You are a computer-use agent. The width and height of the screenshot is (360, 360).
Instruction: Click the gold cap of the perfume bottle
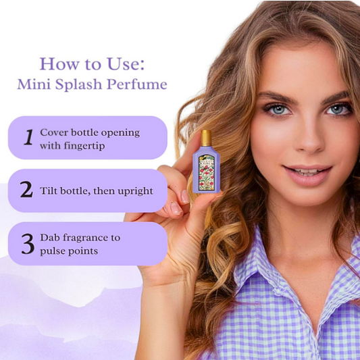(206, 138)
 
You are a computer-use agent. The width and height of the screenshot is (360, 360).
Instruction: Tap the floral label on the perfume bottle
(206, 173)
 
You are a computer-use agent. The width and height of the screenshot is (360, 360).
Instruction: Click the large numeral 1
(28, 137)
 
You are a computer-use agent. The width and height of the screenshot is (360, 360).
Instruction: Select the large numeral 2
(26, 189)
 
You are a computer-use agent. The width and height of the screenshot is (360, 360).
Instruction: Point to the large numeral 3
(28, 244)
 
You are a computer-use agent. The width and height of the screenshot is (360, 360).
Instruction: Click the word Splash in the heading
(78, 84)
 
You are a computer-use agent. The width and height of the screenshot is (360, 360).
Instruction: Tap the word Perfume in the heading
(137, 84)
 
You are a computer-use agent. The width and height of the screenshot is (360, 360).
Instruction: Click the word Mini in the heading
(34, 84)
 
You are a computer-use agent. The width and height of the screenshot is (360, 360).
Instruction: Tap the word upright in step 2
(136, 191)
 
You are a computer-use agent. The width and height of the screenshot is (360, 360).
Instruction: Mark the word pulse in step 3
(50, 251)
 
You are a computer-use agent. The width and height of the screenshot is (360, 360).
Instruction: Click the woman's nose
(308, 140)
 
